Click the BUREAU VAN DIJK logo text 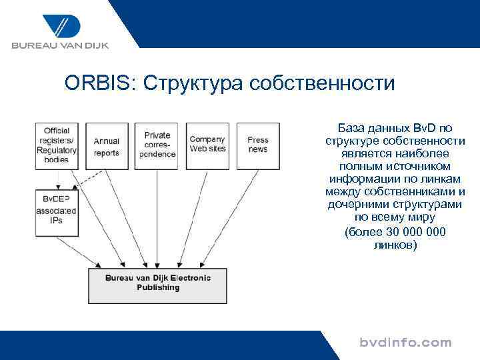59,45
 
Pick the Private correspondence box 157,145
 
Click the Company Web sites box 207,145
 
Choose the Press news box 258,145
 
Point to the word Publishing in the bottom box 158,288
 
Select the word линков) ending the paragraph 395,245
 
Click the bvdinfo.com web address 405,343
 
